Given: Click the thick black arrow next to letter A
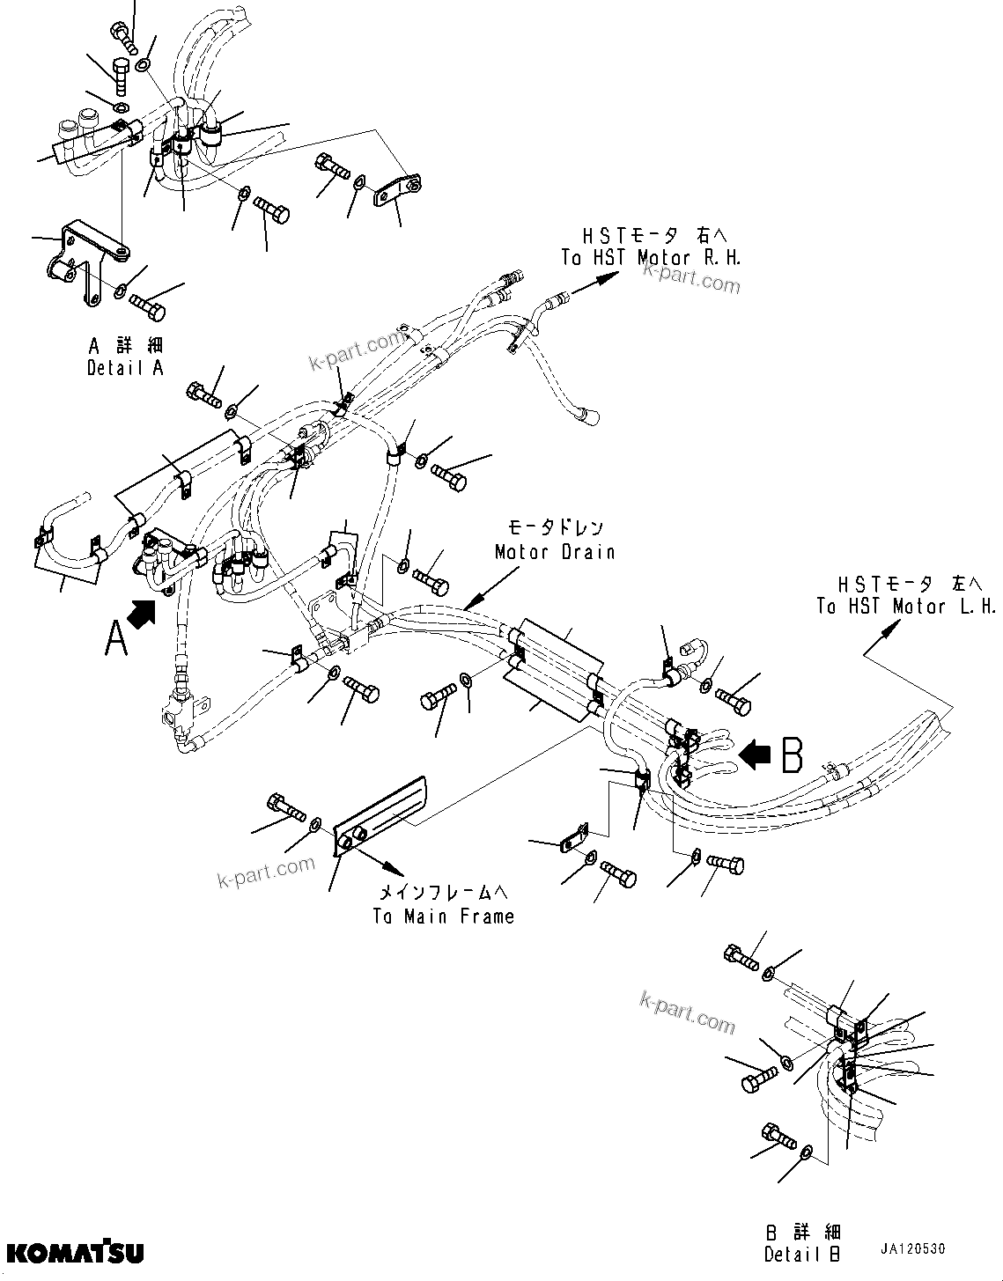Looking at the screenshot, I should [x=144, y=611].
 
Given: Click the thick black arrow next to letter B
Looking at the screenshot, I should [x=756, y=754].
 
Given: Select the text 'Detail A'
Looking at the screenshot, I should [x=125, y=368].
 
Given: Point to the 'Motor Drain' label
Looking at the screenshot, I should [x=554, y=552].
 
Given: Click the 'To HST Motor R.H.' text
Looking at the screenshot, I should [x=651, y=258].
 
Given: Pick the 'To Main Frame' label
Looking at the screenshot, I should [x=443, y=916].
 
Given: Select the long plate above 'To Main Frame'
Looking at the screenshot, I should [x=380, y=815].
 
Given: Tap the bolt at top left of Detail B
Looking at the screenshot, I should [x=741, y=957].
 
